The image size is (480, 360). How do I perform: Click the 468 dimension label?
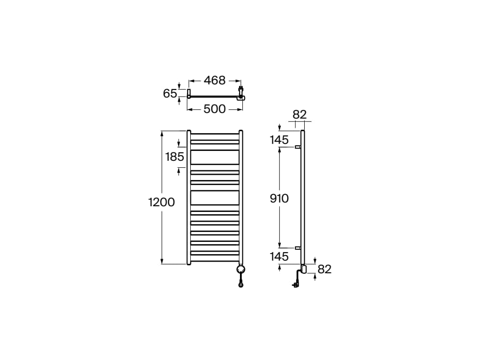point(215,80)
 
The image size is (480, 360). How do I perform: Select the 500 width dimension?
point(215,109)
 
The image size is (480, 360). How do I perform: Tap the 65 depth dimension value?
point(170,93)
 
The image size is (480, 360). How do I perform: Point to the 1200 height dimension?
point(161,202)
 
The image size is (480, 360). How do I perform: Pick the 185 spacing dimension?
point(175,157)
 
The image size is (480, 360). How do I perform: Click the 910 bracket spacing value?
point(279,198)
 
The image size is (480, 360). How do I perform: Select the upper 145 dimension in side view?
point(279,139)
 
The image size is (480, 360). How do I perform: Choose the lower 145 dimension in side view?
point(279,257)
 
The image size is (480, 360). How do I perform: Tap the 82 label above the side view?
point(299,115)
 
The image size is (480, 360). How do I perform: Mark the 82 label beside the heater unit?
point(324,269)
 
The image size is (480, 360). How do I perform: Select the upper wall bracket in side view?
point(297,147)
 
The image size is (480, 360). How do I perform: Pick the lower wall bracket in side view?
point(297,247)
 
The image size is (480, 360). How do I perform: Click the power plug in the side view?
point(295,284)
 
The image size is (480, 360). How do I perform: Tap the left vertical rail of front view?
point(189,197)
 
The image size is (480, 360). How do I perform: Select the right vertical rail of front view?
point(241,197)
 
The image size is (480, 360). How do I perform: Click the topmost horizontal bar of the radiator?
point(215,135)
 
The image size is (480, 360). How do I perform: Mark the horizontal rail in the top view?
point(215,97)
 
